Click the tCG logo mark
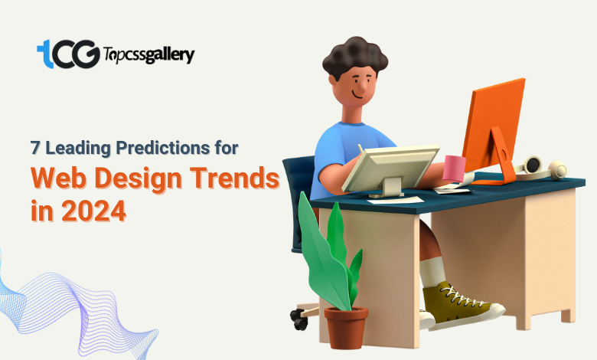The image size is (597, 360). [x=69, y=54]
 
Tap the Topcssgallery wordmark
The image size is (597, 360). [x=149, y=55]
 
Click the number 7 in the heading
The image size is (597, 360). [x=35, y=148]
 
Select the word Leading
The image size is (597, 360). [x=78, y=148]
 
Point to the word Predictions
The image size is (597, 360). [x=162, y=148]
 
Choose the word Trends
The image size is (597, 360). [x=234, y=178]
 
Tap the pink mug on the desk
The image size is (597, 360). [x=454, y=169]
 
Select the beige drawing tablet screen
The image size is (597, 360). [x=390, y=168]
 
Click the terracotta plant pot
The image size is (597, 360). [x=346, y=327]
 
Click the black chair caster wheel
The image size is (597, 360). [x=299, y=319]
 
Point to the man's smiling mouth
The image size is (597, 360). [x=357, y=95]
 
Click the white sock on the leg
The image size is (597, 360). [x=432, y=272]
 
